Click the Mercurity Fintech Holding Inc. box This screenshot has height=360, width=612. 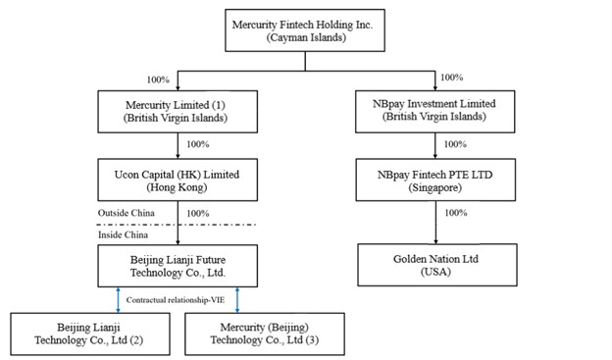(x=305, y=30)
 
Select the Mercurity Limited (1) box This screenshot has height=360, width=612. (x=178, y=112)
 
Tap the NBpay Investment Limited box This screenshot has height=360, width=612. (x=435, y=112)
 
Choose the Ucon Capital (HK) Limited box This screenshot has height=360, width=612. (x=178, y=180)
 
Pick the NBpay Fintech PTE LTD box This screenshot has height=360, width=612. (x=435, y=180)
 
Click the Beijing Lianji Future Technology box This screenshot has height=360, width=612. (x=178, y=266)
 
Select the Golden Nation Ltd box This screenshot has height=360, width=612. (x=437, y=265)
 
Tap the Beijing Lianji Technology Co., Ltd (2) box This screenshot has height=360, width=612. (x=90, y=334)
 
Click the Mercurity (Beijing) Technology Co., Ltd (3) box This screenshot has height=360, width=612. (x=265, y=334)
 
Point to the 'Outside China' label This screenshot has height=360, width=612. (x=127, y=213)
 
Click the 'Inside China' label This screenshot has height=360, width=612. (x=123, y=234)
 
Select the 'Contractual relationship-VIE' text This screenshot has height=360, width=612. (x=176, y=300)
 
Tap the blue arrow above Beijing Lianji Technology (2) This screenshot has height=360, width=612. (x=119, y=300)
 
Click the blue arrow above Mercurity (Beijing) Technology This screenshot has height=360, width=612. (x=237, y=300)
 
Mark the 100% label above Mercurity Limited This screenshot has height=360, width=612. (x=158, y=79)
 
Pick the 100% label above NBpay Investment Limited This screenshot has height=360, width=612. (x=451, y=77)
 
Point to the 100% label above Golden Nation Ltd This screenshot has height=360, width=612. (x=456, y=213)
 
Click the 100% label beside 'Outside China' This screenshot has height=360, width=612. (x=198, y=213)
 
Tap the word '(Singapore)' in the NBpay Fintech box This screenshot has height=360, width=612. (x=435, y=187)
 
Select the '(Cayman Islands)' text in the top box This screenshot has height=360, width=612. (x=306, y=37)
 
